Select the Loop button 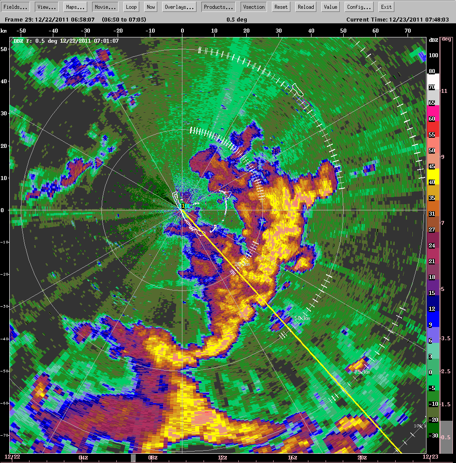tap(131, 7)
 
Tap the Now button tap(151, 7)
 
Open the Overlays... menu tap(180, 7)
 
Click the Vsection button tap(254, 7)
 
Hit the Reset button tap(281, 7)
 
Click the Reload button tap(306, 7)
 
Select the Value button tap(330, 7)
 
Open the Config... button tap(359, 7)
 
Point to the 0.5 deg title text tap(237, 19)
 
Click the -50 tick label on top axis tap(21, 30)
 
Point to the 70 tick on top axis tap(408, 30)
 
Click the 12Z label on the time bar tap(222, 458)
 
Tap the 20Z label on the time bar tap(362, 458)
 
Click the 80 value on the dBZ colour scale tap(432, 71)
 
